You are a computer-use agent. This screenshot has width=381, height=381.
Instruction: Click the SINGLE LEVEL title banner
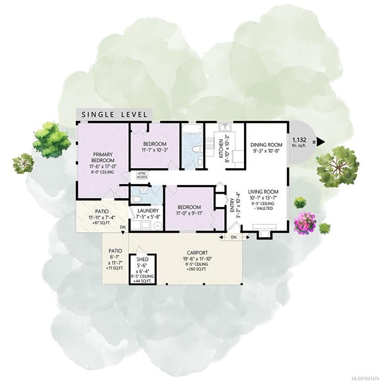(114, 114)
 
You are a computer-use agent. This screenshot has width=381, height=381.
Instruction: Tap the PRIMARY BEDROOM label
(103, 157)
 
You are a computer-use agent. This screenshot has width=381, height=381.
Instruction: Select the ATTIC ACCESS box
(142, 175)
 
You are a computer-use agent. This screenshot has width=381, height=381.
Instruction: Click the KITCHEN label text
(221, 148)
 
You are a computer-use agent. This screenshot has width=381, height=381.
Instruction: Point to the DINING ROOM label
(266, 145)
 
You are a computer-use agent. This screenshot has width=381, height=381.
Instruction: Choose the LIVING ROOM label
(263, 191)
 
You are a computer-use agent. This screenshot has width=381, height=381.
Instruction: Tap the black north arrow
(320, 142)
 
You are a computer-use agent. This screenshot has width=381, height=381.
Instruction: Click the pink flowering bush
(305, 222)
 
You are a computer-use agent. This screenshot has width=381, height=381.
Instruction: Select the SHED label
(142, 260)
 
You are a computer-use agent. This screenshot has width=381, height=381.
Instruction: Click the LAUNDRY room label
(148, 211)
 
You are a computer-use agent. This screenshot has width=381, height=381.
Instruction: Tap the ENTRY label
(232, 205)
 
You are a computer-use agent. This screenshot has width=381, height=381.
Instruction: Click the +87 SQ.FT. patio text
(102, 222)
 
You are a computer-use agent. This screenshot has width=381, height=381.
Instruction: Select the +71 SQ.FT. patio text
(115, 268)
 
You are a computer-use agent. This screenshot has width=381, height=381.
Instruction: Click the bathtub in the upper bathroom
(192, 129)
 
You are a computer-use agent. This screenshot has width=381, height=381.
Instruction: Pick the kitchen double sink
(226, 127)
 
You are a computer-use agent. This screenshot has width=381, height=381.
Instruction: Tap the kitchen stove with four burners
(210, 143)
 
